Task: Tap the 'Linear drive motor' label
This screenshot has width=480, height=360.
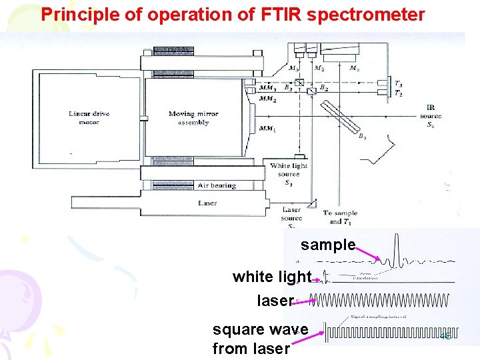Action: pos(89,118)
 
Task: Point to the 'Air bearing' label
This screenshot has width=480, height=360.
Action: pos(217,185)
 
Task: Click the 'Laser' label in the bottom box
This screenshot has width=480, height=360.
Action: pos(207,203)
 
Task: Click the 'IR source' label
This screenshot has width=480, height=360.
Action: pos(430,115)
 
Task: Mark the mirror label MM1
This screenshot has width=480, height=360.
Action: pos(267,128)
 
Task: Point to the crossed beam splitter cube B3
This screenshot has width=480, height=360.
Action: pos(299,85)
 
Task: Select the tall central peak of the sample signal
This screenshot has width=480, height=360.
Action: pos(395,250)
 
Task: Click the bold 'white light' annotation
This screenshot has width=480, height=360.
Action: pos(272,276)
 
